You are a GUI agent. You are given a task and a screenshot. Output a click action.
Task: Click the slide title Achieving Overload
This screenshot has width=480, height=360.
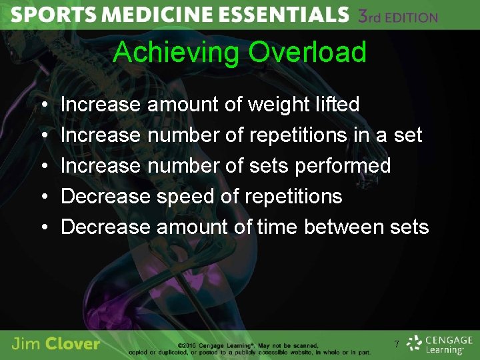click(x=239, y=52)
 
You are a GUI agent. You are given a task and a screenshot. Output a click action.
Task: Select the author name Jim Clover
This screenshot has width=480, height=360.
click(x=56, y=344)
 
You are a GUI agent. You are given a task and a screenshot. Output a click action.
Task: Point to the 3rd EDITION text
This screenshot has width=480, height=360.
click(x=397, y=16)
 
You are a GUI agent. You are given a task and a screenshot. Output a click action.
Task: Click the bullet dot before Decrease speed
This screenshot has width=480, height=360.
click(x=43, y=197)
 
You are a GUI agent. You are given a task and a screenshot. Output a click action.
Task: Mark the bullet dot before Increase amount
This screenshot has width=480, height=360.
click(x=43, y=105)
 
